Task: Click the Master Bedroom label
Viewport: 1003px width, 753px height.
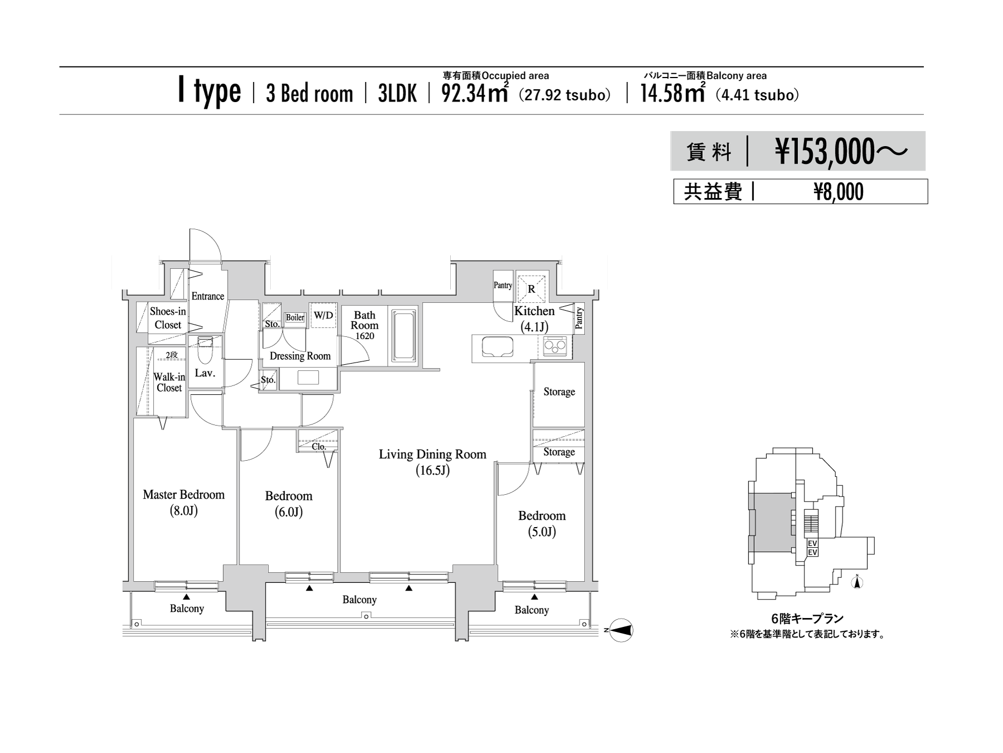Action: click(183, 502)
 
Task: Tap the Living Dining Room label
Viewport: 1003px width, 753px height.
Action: click(432, 462)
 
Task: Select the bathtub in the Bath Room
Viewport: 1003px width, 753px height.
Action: click(403, 336)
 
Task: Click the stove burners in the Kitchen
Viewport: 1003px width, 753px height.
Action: click(554, 346)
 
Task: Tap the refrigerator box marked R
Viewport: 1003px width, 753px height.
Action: click(532, 288)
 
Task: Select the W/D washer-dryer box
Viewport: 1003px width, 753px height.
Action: click(323, 316)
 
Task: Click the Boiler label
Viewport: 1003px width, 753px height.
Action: click(295, 317)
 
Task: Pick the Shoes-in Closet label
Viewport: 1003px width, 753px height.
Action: click(168, 318)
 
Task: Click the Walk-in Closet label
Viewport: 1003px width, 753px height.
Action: click(169, 382)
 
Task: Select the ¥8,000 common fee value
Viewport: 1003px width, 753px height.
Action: click(839, 192)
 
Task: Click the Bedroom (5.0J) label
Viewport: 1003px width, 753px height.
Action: click(542, 523)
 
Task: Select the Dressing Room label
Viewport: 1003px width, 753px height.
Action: click(300, 356)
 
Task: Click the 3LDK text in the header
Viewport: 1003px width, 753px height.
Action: click(397, 94)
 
